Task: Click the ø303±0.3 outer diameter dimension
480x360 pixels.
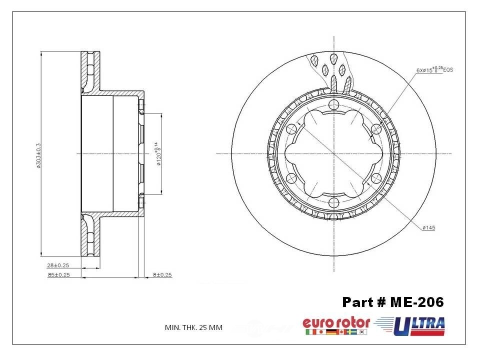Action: pos(38,155)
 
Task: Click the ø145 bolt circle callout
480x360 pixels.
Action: pos(428,228)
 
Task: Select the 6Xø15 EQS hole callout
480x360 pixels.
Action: pos(434,69)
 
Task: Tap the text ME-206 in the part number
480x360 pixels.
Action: pos(417,302)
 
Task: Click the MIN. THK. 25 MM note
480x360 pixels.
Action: pos(193,327)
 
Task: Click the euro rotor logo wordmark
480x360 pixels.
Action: pos(336,322)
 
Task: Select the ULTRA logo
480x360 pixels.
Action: pos(419,326)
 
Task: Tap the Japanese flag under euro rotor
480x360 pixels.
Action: pos(319,332)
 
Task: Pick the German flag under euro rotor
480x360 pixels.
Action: pos(330,332)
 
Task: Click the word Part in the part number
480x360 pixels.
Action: pos(357,302)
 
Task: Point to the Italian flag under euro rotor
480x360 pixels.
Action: pos(309,332)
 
